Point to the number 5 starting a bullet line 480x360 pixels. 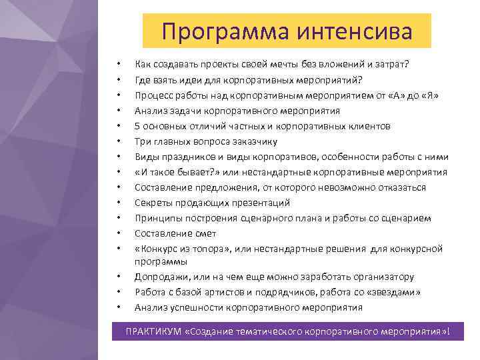point(137,126)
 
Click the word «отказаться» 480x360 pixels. point(401,187)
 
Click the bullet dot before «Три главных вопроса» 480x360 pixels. point(117,141)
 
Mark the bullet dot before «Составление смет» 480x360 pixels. point(117,233)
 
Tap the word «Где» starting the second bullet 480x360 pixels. point(142,80)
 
